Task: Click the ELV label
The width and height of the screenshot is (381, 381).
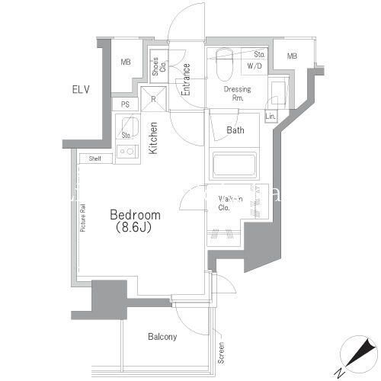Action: pos(82,90)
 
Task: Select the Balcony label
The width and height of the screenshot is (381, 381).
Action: pos(162,337)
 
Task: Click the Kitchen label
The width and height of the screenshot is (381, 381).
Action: pos(153,138)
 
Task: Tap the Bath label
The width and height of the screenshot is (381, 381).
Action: pos(235,130)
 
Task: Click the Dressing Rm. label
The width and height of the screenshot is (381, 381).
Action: pos(236,94)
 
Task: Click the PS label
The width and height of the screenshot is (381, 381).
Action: pos(125,104)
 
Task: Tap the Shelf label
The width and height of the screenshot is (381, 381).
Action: pos(95,158)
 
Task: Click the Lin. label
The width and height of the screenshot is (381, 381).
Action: pos(271,117)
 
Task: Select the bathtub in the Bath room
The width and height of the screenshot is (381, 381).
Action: pos(236,165)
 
